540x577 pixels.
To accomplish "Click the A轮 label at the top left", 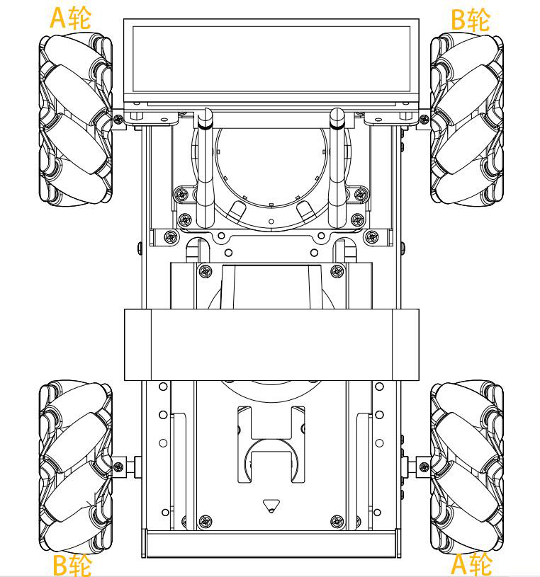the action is click(x=70, y=18).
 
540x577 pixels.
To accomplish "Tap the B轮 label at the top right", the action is click(x=471, y=20).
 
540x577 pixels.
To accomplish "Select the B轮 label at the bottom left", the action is click(x=72, y=565).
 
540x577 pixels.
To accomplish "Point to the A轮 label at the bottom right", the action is click(x=471, y=564).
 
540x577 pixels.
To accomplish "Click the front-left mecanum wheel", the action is click(x=76, y=119).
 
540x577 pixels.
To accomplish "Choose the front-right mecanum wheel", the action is click(x=467, y=119).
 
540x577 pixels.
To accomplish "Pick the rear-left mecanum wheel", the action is click(x=76, y=467).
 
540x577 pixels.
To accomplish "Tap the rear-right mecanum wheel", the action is click(x=467, y=467).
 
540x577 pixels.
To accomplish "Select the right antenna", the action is click(x=337, y=168).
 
